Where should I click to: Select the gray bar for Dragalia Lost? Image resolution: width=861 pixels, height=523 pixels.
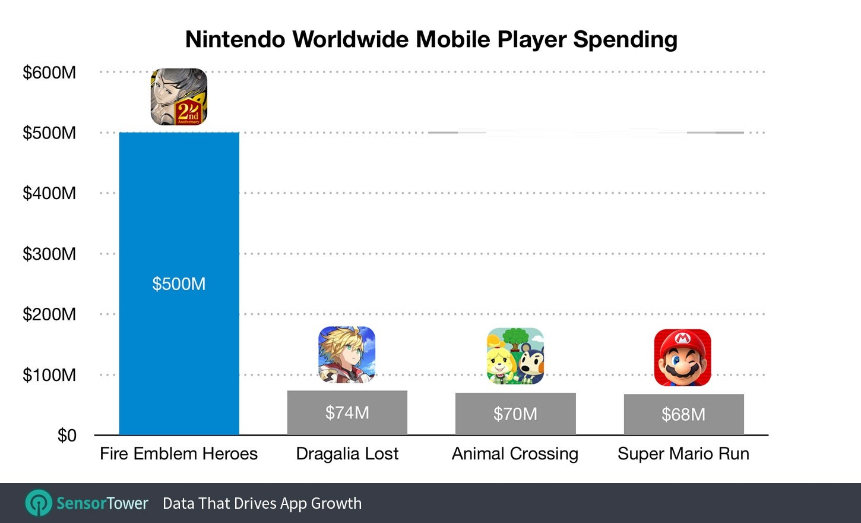[x=347, y=426]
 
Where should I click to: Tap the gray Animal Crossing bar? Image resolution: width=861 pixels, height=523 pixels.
[x=515, y=427]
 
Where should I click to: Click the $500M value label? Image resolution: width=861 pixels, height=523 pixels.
[x=179, y=283]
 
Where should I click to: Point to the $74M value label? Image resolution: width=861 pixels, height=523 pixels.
[x=347, y=412]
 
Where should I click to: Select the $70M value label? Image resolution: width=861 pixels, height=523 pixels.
[x=515, y=414]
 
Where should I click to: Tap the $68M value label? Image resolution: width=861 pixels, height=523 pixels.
[x=683, y=414]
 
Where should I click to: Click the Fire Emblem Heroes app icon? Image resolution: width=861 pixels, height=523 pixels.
[x=179, y=97]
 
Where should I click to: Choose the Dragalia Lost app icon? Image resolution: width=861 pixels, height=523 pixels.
[x=347, y=355]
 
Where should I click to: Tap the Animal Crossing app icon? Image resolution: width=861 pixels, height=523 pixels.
[x=515, y=356]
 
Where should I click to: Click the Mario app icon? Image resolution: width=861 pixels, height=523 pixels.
[x=682, y=358]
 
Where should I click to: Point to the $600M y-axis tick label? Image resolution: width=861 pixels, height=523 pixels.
[x=49, y=73]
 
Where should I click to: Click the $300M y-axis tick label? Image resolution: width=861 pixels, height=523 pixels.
[x=49, y=254]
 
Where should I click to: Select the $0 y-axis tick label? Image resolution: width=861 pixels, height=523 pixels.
[x=67, y=436]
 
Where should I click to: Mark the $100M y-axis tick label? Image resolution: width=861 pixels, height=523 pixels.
[x=49, y=375]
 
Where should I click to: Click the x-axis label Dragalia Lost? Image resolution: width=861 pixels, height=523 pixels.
[x=347, y=453]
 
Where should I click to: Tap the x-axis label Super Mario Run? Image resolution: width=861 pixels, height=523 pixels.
[x=683, y=453]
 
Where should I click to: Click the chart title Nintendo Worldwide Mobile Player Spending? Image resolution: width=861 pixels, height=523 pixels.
[x=431, y=39]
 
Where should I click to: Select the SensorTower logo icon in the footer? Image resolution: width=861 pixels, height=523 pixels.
[x=39, y=503]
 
